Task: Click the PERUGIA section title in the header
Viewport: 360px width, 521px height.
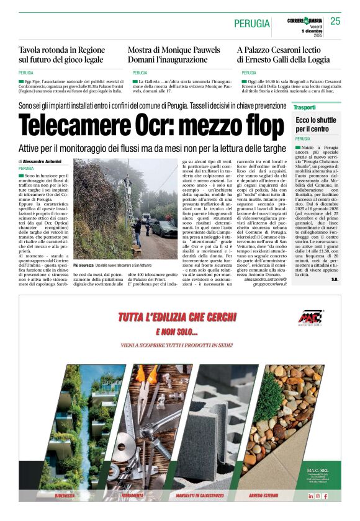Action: (252, 24)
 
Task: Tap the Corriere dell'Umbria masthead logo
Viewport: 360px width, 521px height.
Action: (304, 20)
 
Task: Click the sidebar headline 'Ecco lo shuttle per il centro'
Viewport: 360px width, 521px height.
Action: (315, 124)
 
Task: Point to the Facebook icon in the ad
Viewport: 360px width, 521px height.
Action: (325, 496)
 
